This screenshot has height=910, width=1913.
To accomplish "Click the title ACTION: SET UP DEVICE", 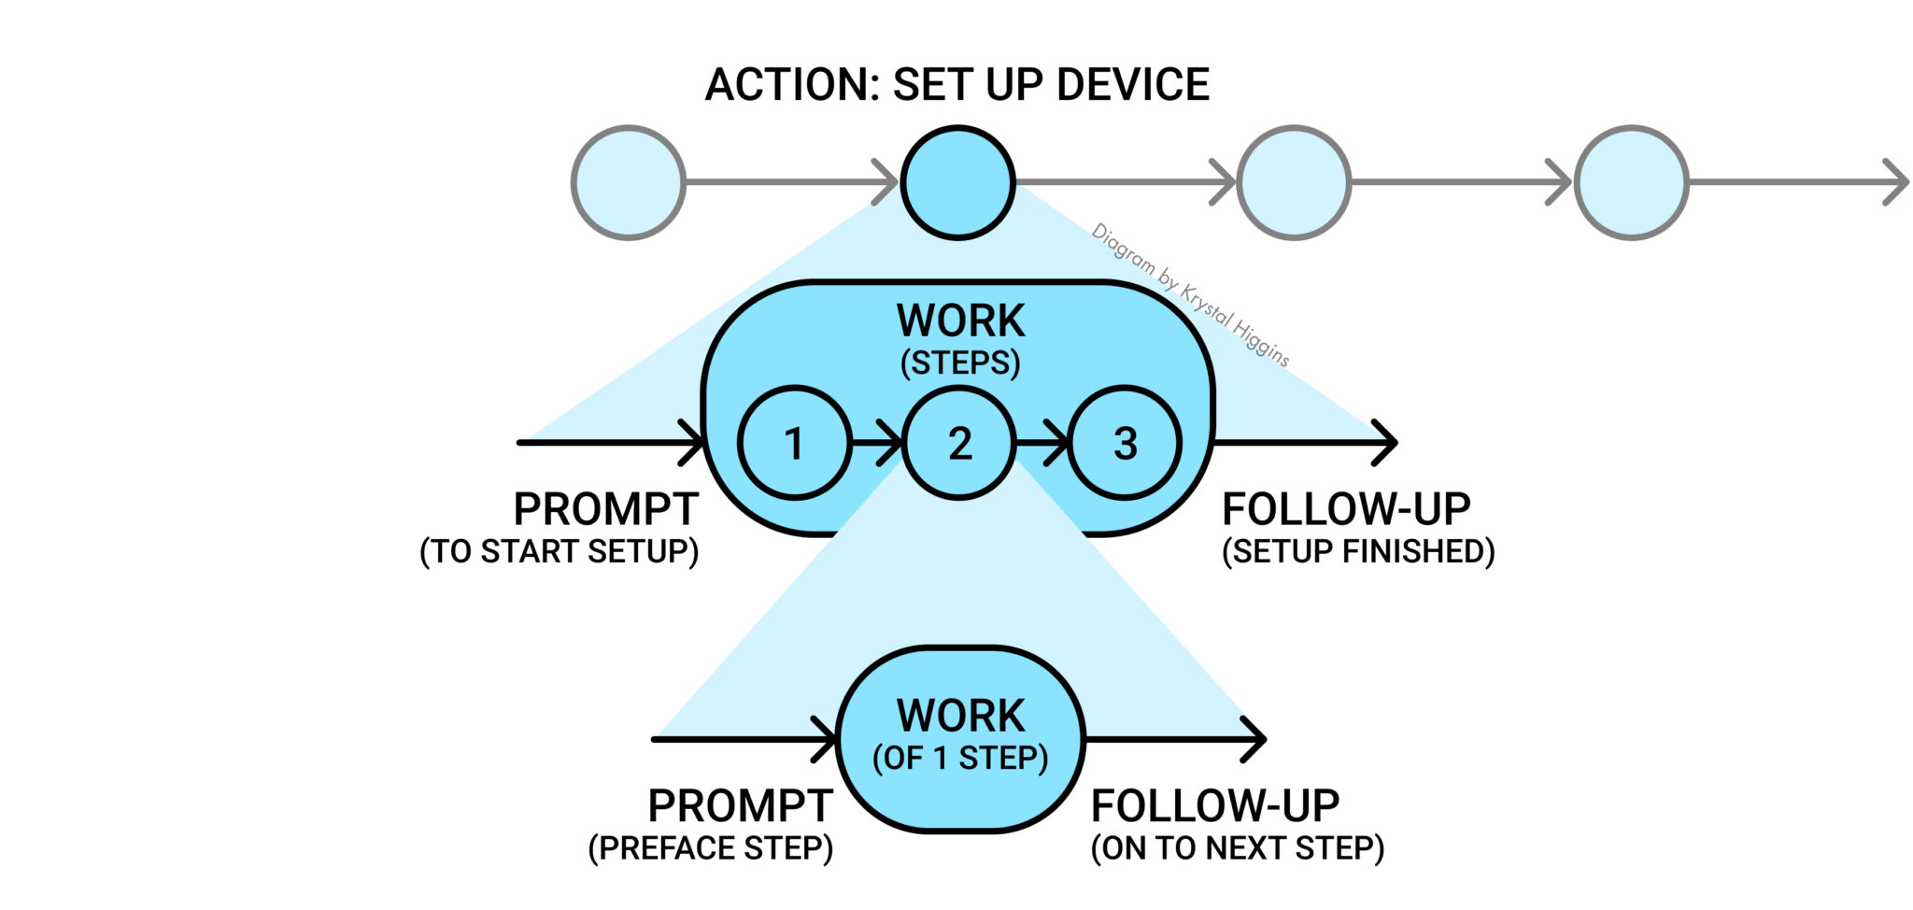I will pos(956,85).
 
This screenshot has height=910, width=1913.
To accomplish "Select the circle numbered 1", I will pos(794,443).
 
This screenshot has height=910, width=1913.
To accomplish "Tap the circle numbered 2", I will pos(958,443).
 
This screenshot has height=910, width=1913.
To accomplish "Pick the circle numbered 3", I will pos(1125,443).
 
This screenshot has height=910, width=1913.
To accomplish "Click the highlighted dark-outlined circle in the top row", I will pos(958,182).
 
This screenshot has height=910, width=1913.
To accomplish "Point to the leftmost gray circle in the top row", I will pos(629,182).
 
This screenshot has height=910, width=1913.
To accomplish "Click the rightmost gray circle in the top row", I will pos(1631,182).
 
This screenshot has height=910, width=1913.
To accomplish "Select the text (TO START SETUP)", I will pos(559,551).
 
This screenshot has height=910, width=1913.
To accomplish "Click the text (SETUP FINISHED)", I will pos(1358,551).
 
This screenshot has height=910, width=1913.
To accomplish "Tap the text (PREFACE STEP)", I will pos(711,848).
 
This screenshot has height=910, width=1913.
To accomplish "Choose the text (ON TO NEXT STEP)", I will pos(1237,848).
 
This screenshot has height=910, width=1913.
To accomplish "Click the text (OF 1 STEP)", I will pos(960,758).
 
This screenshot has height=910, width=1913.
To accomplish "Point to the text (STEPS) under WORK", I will pos(960,363).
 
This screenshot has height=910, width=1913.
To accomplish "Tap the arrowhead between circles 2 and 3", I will pos(1056,443).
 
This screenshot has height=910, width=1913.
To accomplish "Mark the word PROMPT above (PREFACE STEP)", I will pos(739,805).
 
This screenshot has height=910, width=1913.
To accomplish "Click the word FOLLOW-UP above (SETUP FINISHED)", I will pos(1346,510).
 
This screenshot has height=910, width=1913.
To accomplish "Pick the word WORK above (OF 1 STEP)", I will pos(960,716).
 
